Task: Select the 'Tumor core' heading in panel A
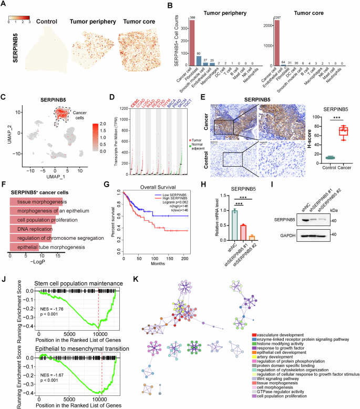138,22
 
